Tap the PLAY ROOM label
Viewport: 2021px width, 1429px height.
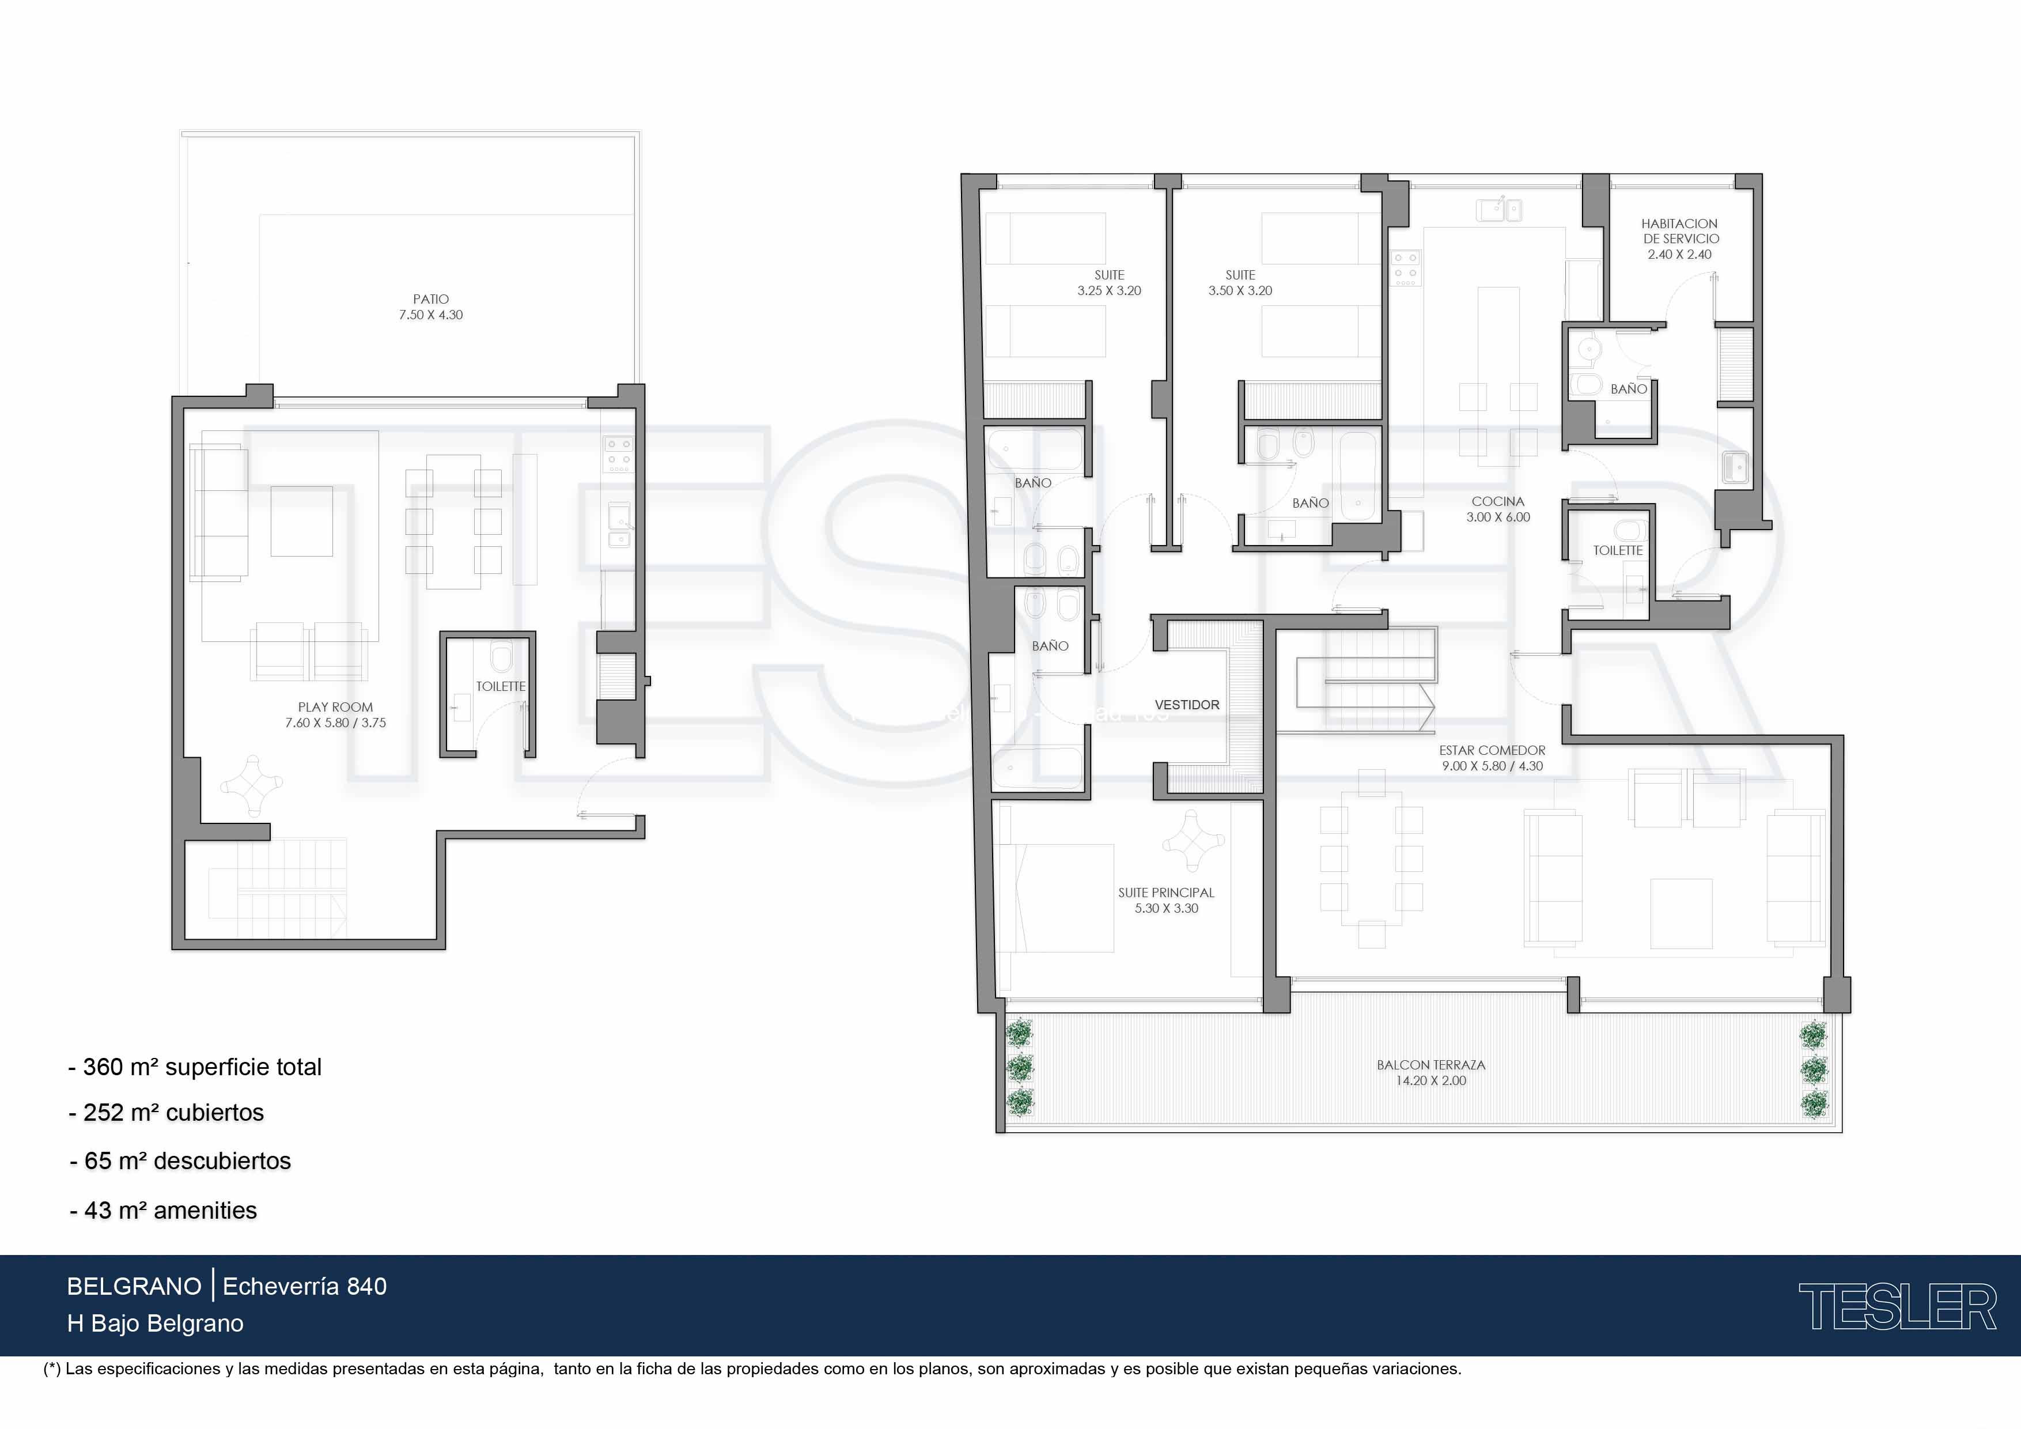[x=335, y=707]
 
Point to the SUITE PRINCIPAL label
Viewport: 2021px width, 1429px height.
[x=1166, y=893]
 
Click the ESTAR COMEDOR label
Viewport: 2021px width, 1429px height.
[x=1492, y=751]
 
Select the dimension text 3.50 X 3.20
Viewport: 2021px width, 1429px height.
[x=1240, y=290]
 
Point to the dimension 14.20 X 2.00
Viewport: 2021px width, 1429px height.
[x=1431, y=1081]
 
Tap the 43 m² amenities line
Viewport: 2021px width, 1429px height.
[x=163, y=1211]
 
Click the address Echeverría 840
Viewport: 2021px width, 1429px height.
[x=305, y=1286]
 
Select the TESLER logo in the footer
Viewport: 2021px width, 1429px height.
[x=1898, y=1307]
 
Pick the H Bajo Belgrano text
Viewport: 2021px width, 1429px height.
[x=155, y=1324]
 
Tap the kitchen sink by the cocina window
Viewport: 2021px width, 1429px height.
[x=1499, y=210]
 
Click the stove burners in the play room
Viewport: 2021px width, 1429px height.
[x=618, y=454]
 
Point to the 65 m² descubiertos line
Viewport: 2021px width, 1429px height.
[x=180, y=1161]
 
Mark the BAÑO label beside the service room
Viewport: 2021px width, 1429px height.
[x=1629, y=389]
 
